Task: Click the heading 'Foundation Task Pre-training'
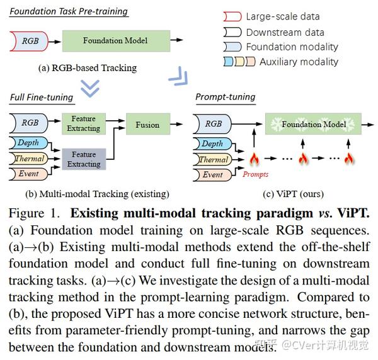tap(69, 11)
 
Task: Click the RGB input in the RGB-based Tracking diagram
tap(30, 41)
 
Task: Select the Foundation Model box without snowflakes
tap(115, 41)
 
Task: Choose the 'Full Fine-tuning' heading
tap(42, 98)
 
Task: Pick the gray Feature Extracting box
tap(84, 159)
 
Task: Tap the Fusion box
tap(147, 125)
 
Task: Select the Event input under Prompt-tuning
tap(212, 174)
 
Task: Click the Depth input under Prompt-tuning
tap(212, 143)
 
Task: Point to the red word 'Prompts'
tap(256, 174)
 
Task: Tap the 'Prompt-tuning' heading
tap(225, 97)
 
